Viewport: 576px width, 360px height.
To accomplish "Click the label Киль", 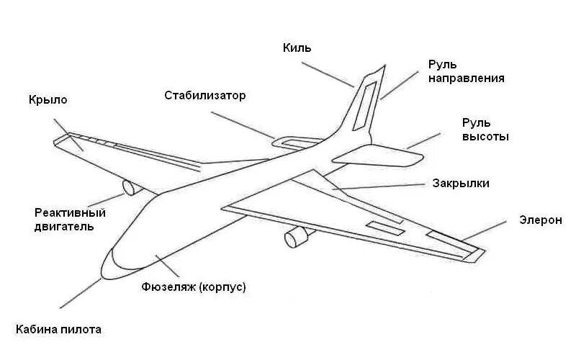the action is tap(297, 48).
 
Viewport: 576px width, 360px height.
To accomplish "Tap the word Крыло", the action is tap(48, 100).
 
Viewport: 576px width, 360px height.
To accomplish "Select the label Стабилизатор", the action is tap(205, 95).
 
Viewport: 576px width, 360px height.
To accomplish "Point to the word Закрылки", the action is tap(461, 184).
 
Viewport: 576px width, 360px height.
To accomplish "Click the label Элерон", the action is tap(540, 220).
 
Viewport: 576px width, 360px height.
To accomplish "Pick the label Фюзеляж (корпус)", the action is tap(194, 287).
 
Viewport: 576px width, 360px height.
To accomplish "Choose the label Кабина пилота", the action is tap(58, 330).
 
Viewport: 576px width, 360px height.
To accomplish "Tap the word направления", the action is tap(466, 78).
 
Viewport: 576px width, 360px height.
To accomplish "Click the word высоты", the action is tap(485, 136).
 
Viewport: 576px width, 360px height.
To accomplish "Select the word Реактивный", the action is tap(71, 213).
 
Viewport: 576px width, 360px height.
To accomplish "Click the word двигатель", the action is tap(64, 227).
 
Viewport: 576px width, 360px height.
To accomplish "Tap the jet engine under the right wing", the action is tap(295, 235).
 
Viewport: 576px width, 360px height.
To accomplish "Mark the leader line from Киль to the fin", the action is tap(327, 74).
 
